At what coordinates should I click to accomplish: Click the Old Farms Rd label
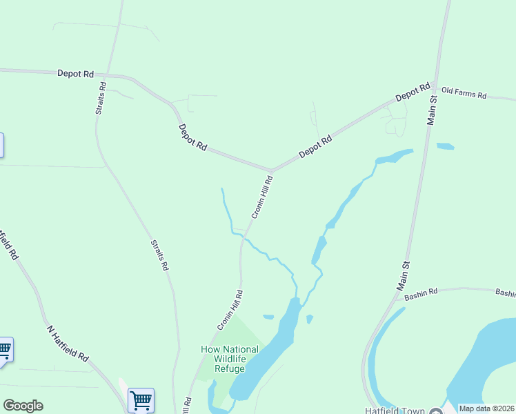pos(464,93)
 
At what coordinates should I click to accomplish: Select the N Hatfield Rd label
pos(68,343)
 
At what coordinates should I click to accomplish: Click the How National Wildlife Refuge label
pos(230,359)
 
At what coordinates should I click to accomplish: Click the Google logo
pos(23,406)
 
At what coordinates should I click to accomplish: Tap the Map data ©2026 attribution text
pos(486,408)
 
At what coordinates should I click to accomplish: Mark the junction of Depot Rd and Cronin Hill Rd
pos(272,170)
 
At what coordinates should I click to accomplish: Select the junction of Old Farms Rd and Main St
pos(435,86)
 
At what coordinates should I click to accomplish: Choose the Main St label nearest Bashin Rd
pos(403,275)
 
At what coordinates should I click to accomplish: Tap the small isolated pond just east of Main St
pos(446,146)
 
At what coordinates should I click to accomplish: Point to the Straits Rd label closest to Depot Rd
pos(102,99)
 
